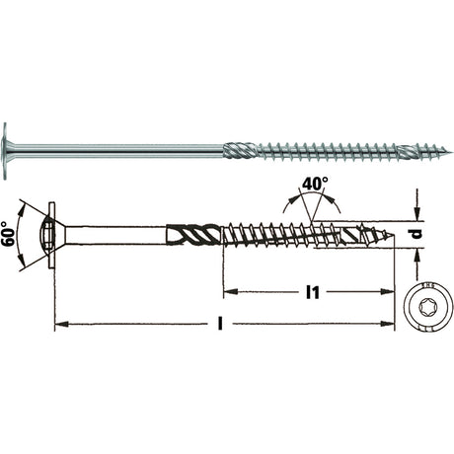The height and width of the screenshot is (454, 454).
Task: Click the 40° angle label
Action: pyautogui.click(x=315, y=184)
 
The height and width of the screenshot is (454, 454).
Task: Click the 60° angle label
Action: pyautogui.click(x=9, y=234)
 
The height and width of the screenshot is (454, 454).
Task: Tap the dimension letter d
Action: pyautogui.click(x=416, y=234)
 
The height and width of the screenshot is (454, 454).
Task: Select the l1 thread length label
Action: pyautogui.click(x=312, y=292)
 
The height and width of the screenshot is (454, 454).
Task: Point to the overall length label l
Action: pyautogui.click(x=220, y=324)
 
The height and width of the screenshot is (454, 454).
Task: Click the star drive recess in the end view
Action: pyautogui.click(x=426, y=308)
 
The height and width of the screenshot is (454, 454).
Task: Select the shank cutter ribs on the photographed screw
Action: pyautogui.click(x=240, y=151)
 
